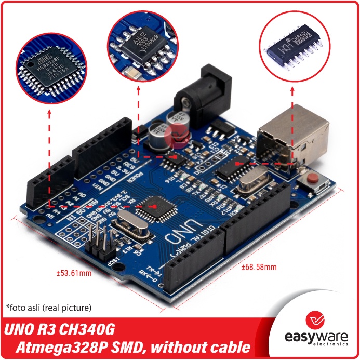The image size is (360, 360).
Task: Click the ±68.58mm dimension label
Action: pyautogui.click(x=259, y=268)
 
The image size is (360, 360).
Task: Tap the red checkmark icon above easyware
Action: pyautogui.click(x=316, y=318)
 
